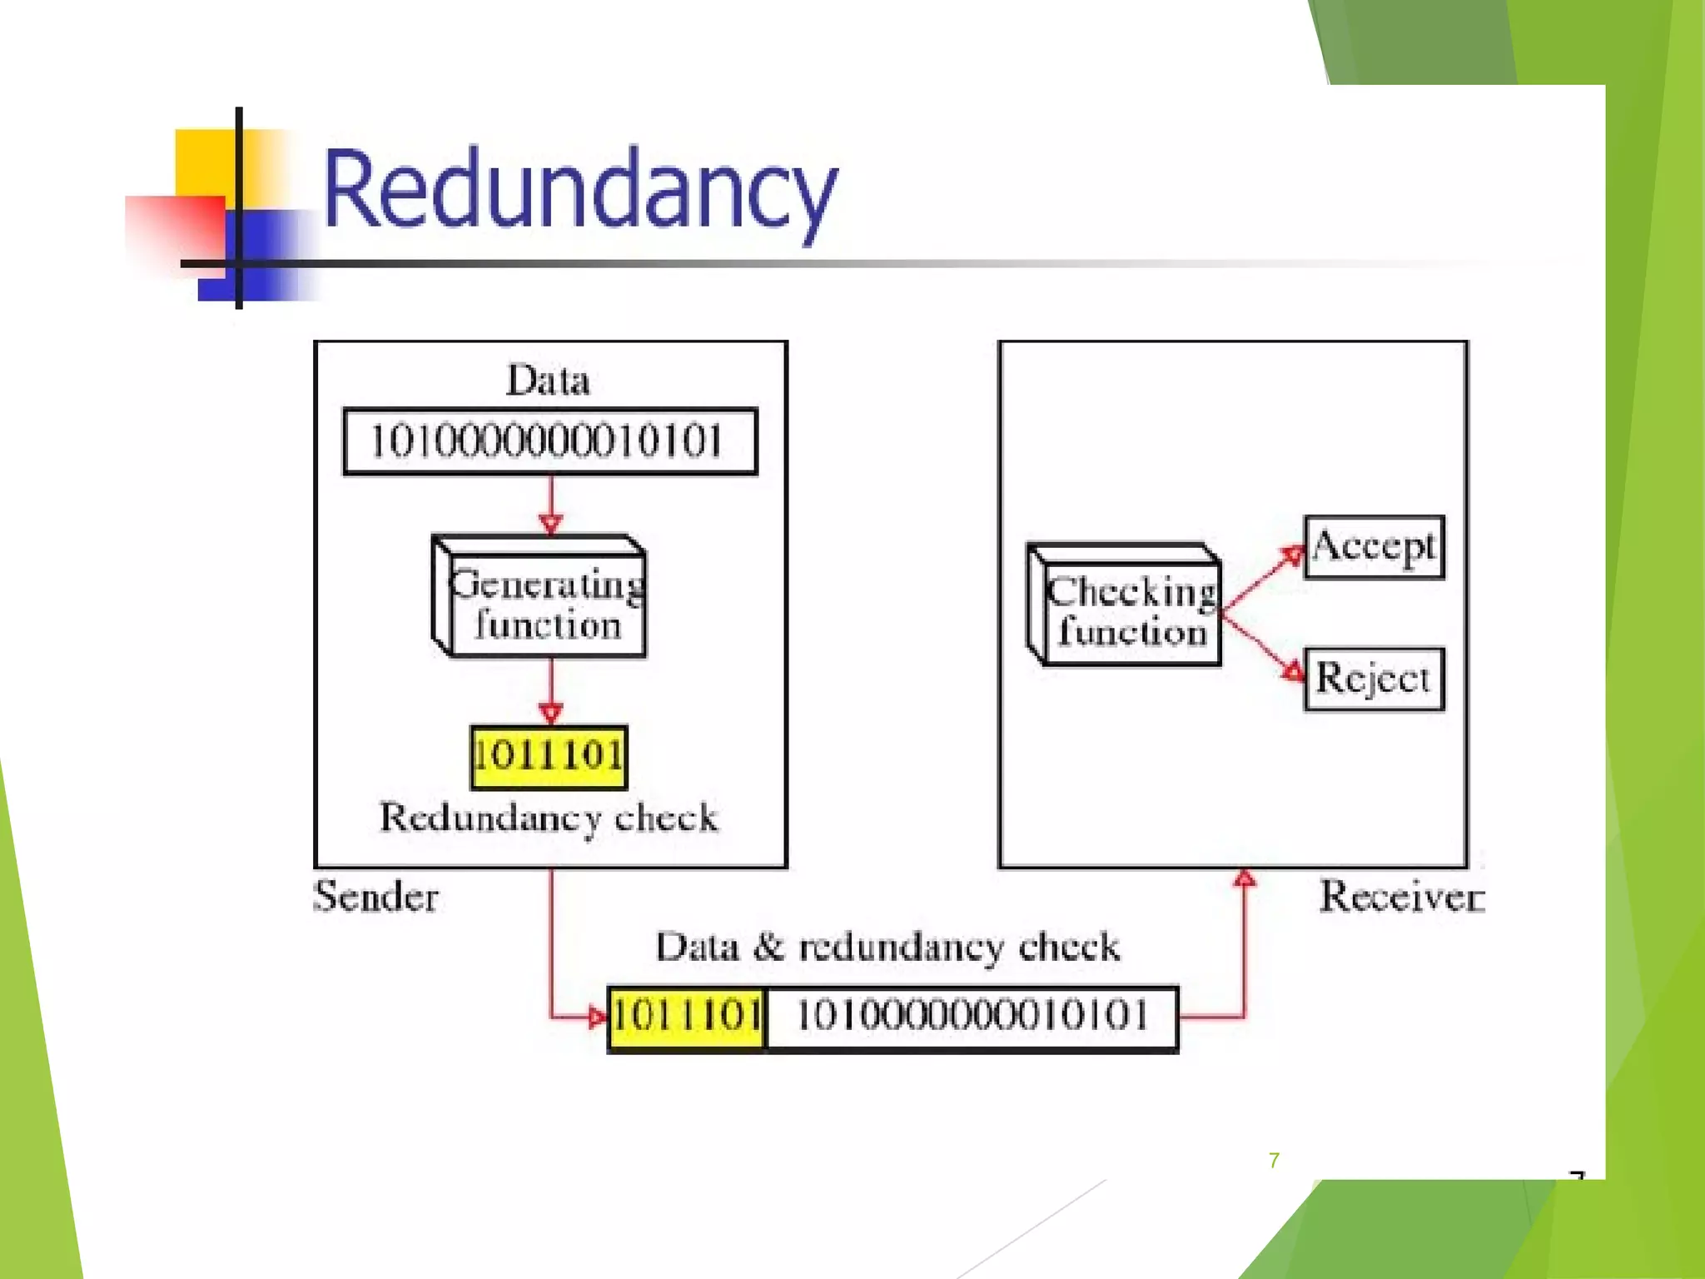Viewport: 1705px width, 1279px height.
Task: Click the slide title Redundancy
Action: [x=579, y=190]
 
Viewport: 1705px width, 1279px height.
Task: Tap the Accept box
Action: [x=1374, y=547]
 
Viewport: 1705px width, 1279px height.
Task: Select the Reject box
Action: [x=1374, y=679]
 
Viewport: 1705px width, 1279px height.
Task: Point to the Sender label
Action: [x=375, y=898]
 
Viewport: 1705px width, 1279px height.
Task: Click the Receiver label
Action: [x=1401, y=898]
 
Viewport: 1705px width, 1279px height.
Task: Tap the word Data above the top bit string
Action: [x=548, y=381]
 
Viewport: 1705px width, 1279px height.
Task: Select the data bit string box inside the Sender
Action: [x=549, y=441]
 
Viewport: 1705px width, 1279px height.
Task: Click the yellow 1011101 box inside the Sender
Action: [x=549, y=756]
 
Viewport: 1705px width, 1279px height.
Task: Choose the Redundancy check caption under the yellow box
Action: [x=549, y=818]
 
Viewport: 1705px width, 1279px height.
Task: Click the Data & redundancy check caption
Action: [x=887, y=948]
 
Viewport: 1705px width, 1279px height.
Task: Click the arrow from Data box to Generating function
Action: [x=550, y=504]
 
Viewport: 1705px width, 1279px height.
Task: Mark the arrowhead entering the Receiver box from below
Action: [x=1245, y=878]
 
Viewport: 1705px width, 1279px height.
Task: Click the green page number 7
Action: [x=1274, y=1160]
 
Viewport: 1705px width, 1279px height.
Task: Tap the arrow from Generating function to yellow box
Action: [x=550, y=691]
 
